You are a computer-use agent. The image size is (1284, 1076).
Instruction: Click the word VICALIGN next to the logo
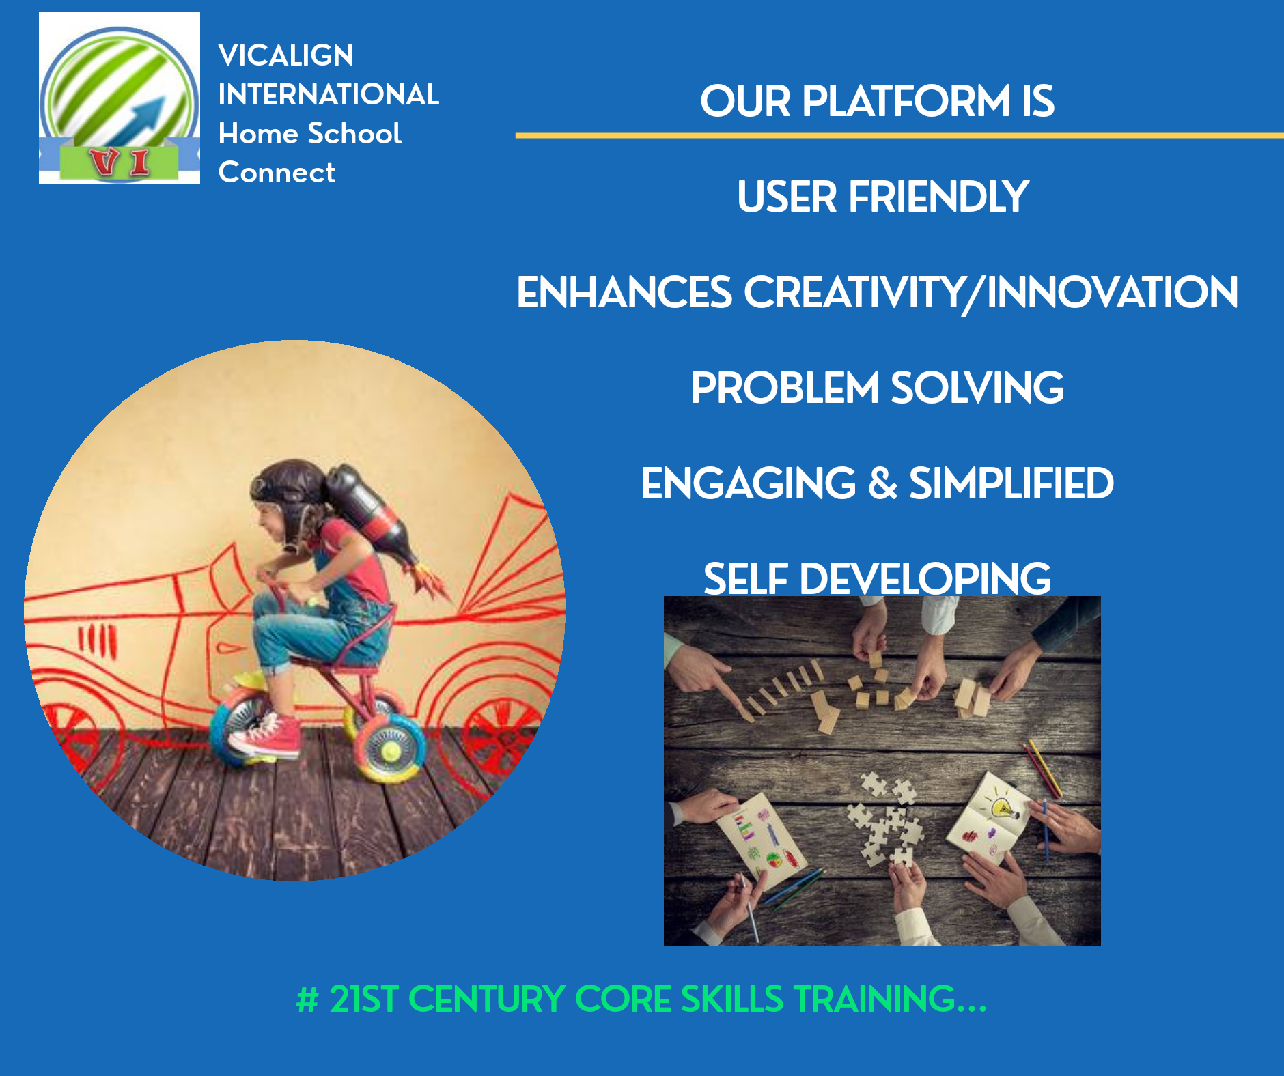click(x=285, y=55)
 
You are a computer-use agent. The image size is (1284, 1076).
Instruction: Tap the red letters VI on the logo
click(x=121, y=162)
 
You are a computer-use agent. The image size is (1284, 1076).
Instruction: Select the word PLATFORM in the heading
click(x=906, y=101)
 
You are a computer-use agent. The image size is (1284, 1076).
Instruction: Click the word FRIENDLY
click(x=938, y=197)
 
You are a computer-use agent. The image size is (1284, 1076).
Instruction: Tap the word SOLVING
click(x=977, y=388)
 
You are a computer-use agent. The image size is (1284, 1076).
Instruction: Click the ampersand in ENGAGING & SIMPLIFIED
click(x=882, y=483)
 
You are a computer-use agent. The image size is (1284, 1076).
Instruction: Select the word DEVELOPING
click(x=925, y=579)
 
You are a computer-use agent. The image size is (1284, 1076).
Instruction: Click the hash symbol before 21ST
click(x=307, y=1000)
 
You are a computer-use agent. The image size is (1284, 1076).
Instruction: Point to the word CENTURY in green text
click(x=486, y=999)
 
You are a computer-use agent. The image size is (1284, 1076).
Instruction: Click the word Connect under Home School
click(x=277, y=173)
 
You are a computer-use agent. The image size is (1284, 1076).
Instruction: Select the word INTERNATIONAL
click(x=329, y=94)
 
